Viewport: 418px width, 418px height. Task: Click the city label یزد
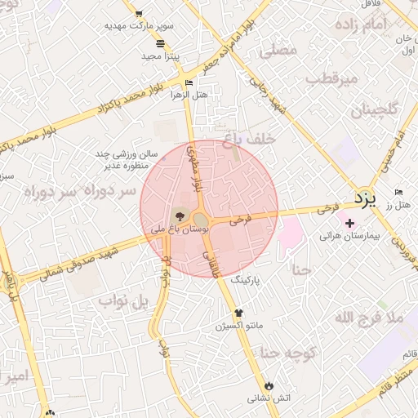(x=365, y=198)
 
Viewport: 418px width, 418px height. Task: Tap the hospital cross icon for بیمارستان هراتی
(x=350, y=223)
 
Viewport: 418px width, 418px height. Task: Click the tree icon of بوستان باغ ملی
(x=180, y=216)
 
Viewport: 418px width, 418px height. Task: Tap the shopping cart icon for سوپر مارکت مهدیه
(x=138, y=14)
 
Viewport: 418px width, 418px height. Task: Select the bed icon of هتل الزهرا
(x=189, y=82)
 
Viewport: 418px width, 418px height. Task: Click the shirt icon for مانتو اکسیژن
(x=238, y=313)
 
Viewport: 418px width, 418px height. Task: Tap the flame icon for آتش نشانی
(x=270, y=385)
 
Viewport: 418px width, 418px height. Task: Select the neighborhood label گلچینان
(x=376, y=109)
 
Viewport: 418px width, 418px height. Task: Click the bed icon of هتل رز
(x=398, y=191)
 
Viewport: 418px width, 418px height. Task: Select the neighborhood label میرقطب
(x=332, y=79)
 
